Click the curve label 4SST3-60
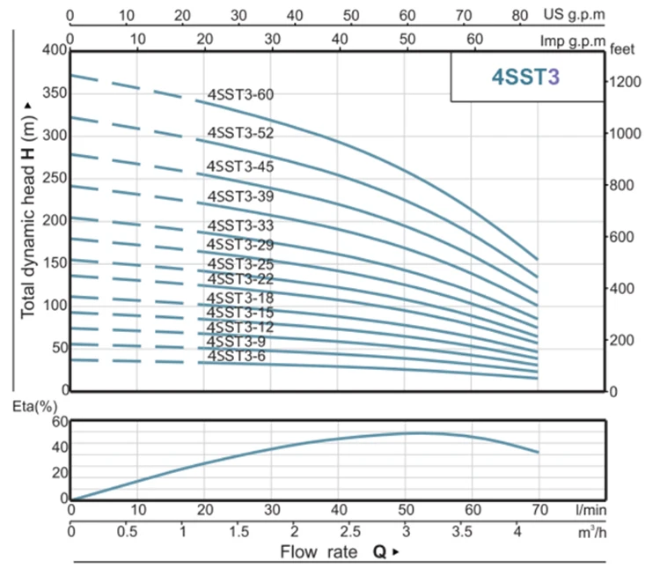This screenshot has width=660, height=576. pyautogui.click(x=240, y=94)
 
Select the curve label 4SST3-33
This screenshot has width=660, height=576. pyautogui.click(x=240, y=225)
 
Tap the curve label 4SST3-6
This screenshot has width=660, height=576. pyautogui.click(x=237, y=356)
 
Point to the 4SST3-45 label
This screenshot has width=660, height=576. pyautogui.click(x=240, y=166)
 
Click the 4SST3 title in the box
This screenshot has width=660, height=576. pyautogui.click(x=526, y=77)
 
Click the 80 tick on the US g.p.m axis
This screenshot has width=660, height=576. pyautogui.click(x=520, y=15)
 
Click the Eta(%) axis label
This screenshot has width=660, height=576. pyautogui.click(x=28, y=407)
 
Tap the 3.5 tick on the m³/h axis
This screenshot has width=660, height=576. pyautogui.click(x=460, y=532)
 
